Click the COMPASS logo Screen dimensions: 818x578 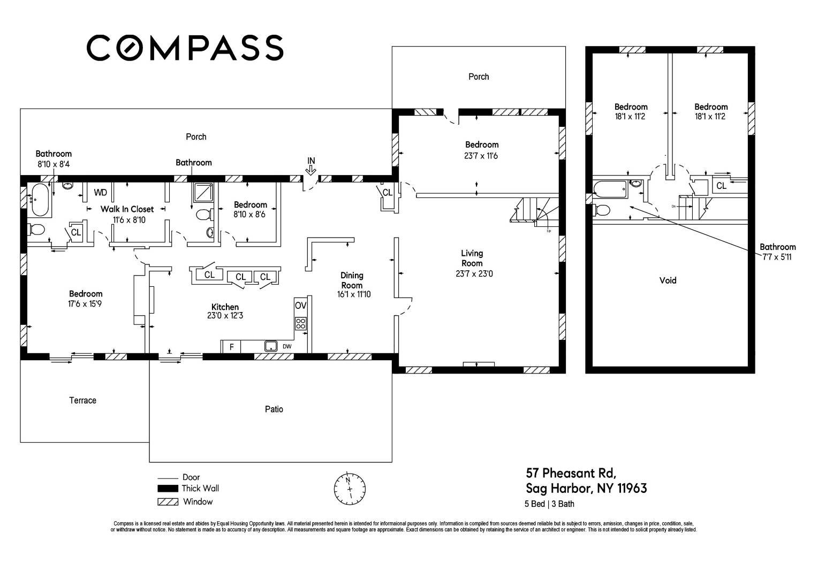pos(185,48)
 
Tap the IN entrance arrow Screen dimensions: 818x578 pos(311,170)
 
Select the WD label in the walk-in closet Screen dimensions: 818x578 pos(101,193)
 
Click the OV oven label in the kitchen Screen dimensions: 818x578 pos(300,305)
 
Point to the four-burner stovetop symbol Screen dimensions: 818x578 pos(300,323)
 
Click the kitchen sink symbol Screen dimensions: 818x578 pos(270,346)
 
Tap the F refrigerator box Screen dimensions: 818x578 pos(231,347)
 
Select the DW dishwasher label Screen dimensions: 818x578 pos(287,346)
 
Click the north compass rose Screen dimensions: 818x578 pos(350,489)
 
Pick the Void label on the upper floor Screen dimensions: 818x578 pos(668,280)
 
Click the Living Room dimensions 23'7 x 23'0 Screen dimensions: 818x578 pos(474,273)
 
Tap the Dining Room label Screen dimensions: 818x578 pos(352,280)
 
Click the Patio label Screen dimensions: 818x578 pos(274,409)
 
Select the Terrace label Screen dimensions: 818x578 pos(83,400)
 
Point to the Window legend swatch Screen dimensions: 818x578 pos(168,502)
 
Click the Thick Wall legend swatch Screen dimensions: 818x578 pos(168,488)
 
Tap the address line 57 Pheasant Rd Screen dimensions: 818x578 pos(571,473)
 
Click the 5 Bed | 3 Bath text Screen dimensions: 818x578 pos(549,504)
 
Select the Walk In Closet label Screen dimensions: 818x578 pos(127,209)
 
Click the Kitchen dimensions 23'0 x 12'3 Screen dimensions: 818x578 pos(225,315)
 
